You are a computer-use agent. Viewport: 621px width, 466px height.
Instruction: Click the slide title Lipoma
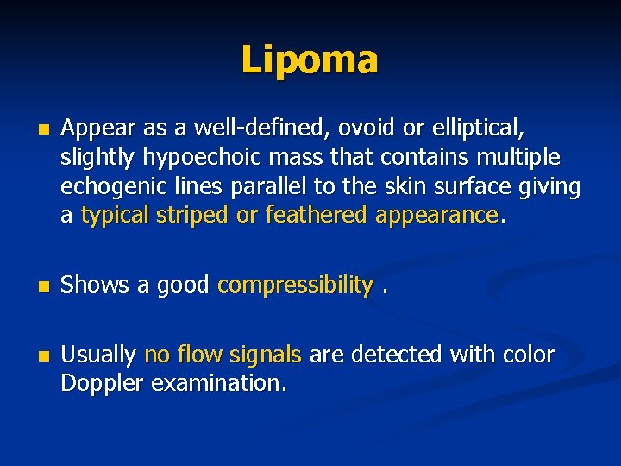[310, 60]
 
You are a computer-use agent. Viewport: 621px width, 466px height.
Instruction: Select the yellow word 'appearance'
[437, 216]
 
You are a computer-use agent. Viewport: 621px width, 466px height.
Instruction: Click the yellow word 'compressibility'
[296, 286]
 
